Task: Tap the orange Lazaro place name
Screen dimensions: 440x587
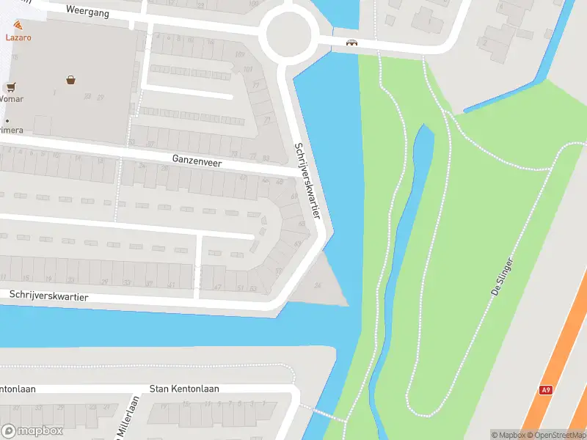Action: pos(18,37)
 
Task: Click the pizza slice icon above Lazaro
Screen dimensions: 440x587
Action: pos(18,26)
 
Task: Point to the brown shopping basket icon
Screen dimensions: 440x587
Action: pos(71,80)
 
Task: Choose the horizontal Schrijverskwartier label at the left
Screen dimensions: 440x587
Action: pos(49,296)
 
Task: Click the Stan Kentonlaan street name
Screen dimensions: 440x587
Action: pos(184,389)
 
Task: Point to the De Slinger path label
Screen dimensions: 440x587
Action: pos(506,276)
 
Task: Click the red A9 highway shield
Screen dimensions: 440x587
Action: pos(545,390)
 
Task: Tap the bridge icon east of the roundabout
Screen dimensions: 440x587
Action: pos(352,42)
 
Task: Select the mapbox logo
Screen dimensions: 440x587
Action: pos(32,430)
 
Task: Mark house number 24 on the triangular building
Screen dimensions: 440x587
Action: pos(318,285)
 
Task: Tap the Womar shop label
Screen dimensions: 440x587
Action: pos(11,98)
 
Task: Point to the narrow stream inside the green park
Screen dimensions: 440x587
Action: pos(400,242)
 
